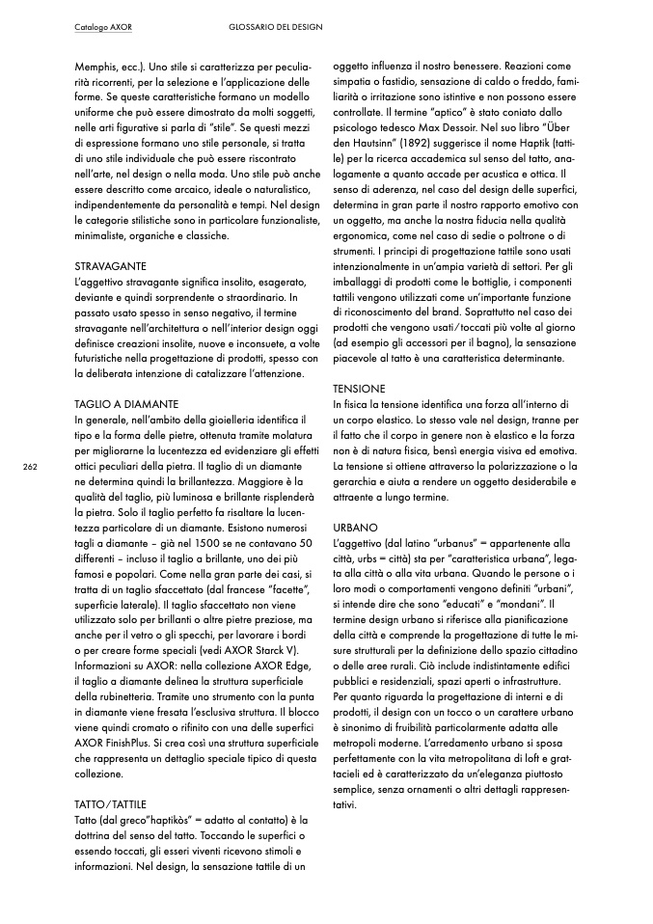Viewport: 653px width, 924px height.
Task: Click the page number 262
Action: click(x=30, y=466)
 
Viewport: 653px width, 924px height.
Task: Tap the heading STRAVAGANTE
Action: click(x=110, y=263)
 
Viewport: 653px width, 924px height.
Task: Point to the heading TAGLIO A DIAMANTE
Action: click(x=126, y=403)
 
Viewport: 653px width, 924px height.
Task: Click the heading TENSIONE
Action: click(x=359, y=388)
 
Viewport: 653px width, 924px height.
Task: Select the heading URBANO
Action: click(x=354, y=528)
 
